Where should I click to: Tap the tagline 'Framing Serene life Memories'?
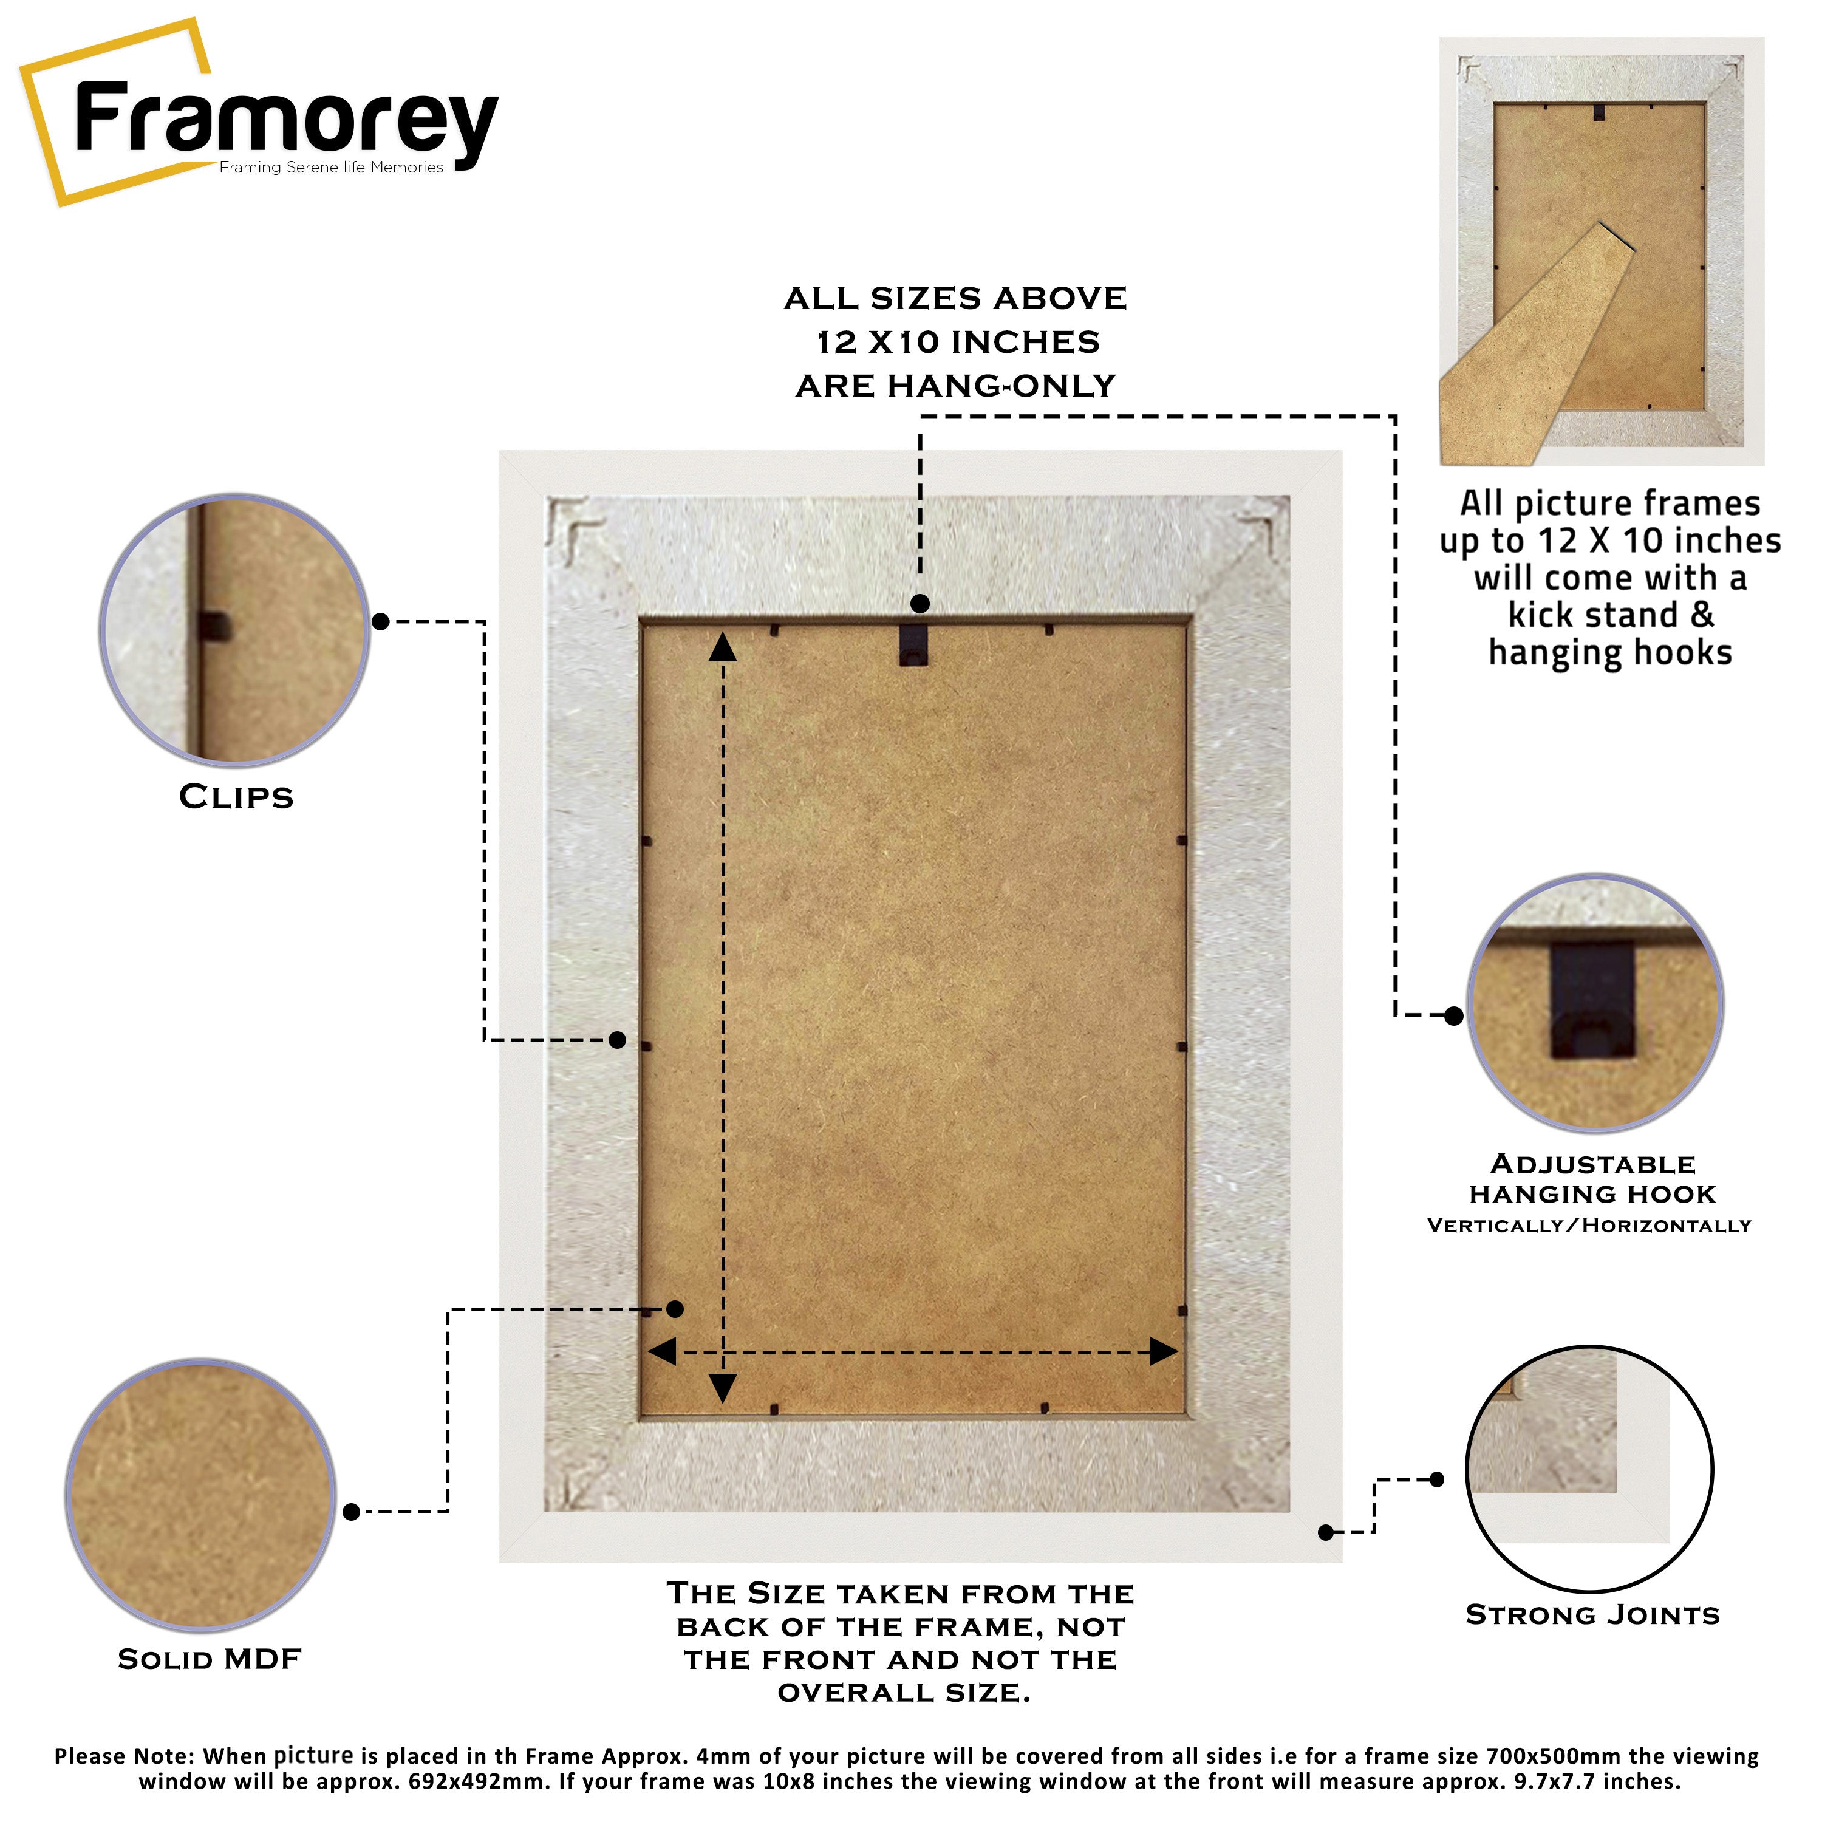[331, 168]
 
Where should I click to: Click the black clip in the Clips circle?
[214, 626]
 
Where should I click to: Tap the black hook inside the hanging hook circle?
[1592, 1001]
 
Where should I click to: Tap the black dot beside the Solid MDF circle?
[352, 1513]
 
